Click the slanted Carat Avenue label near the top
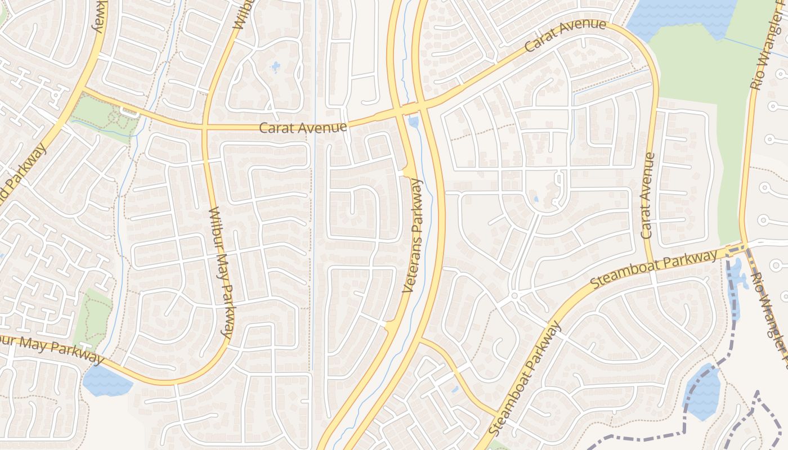(565, 35)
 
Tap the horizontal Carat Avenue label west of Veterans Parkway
(302, 128)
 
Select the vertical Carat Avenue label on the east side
(648, 195)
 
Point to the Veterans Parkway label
(415, 236)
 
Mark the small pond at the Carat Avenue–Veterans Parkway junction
(414, 121)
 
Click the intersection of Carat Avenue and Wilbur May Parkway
(205, 127)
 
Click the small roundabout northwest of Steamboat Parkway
(514, 295)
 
